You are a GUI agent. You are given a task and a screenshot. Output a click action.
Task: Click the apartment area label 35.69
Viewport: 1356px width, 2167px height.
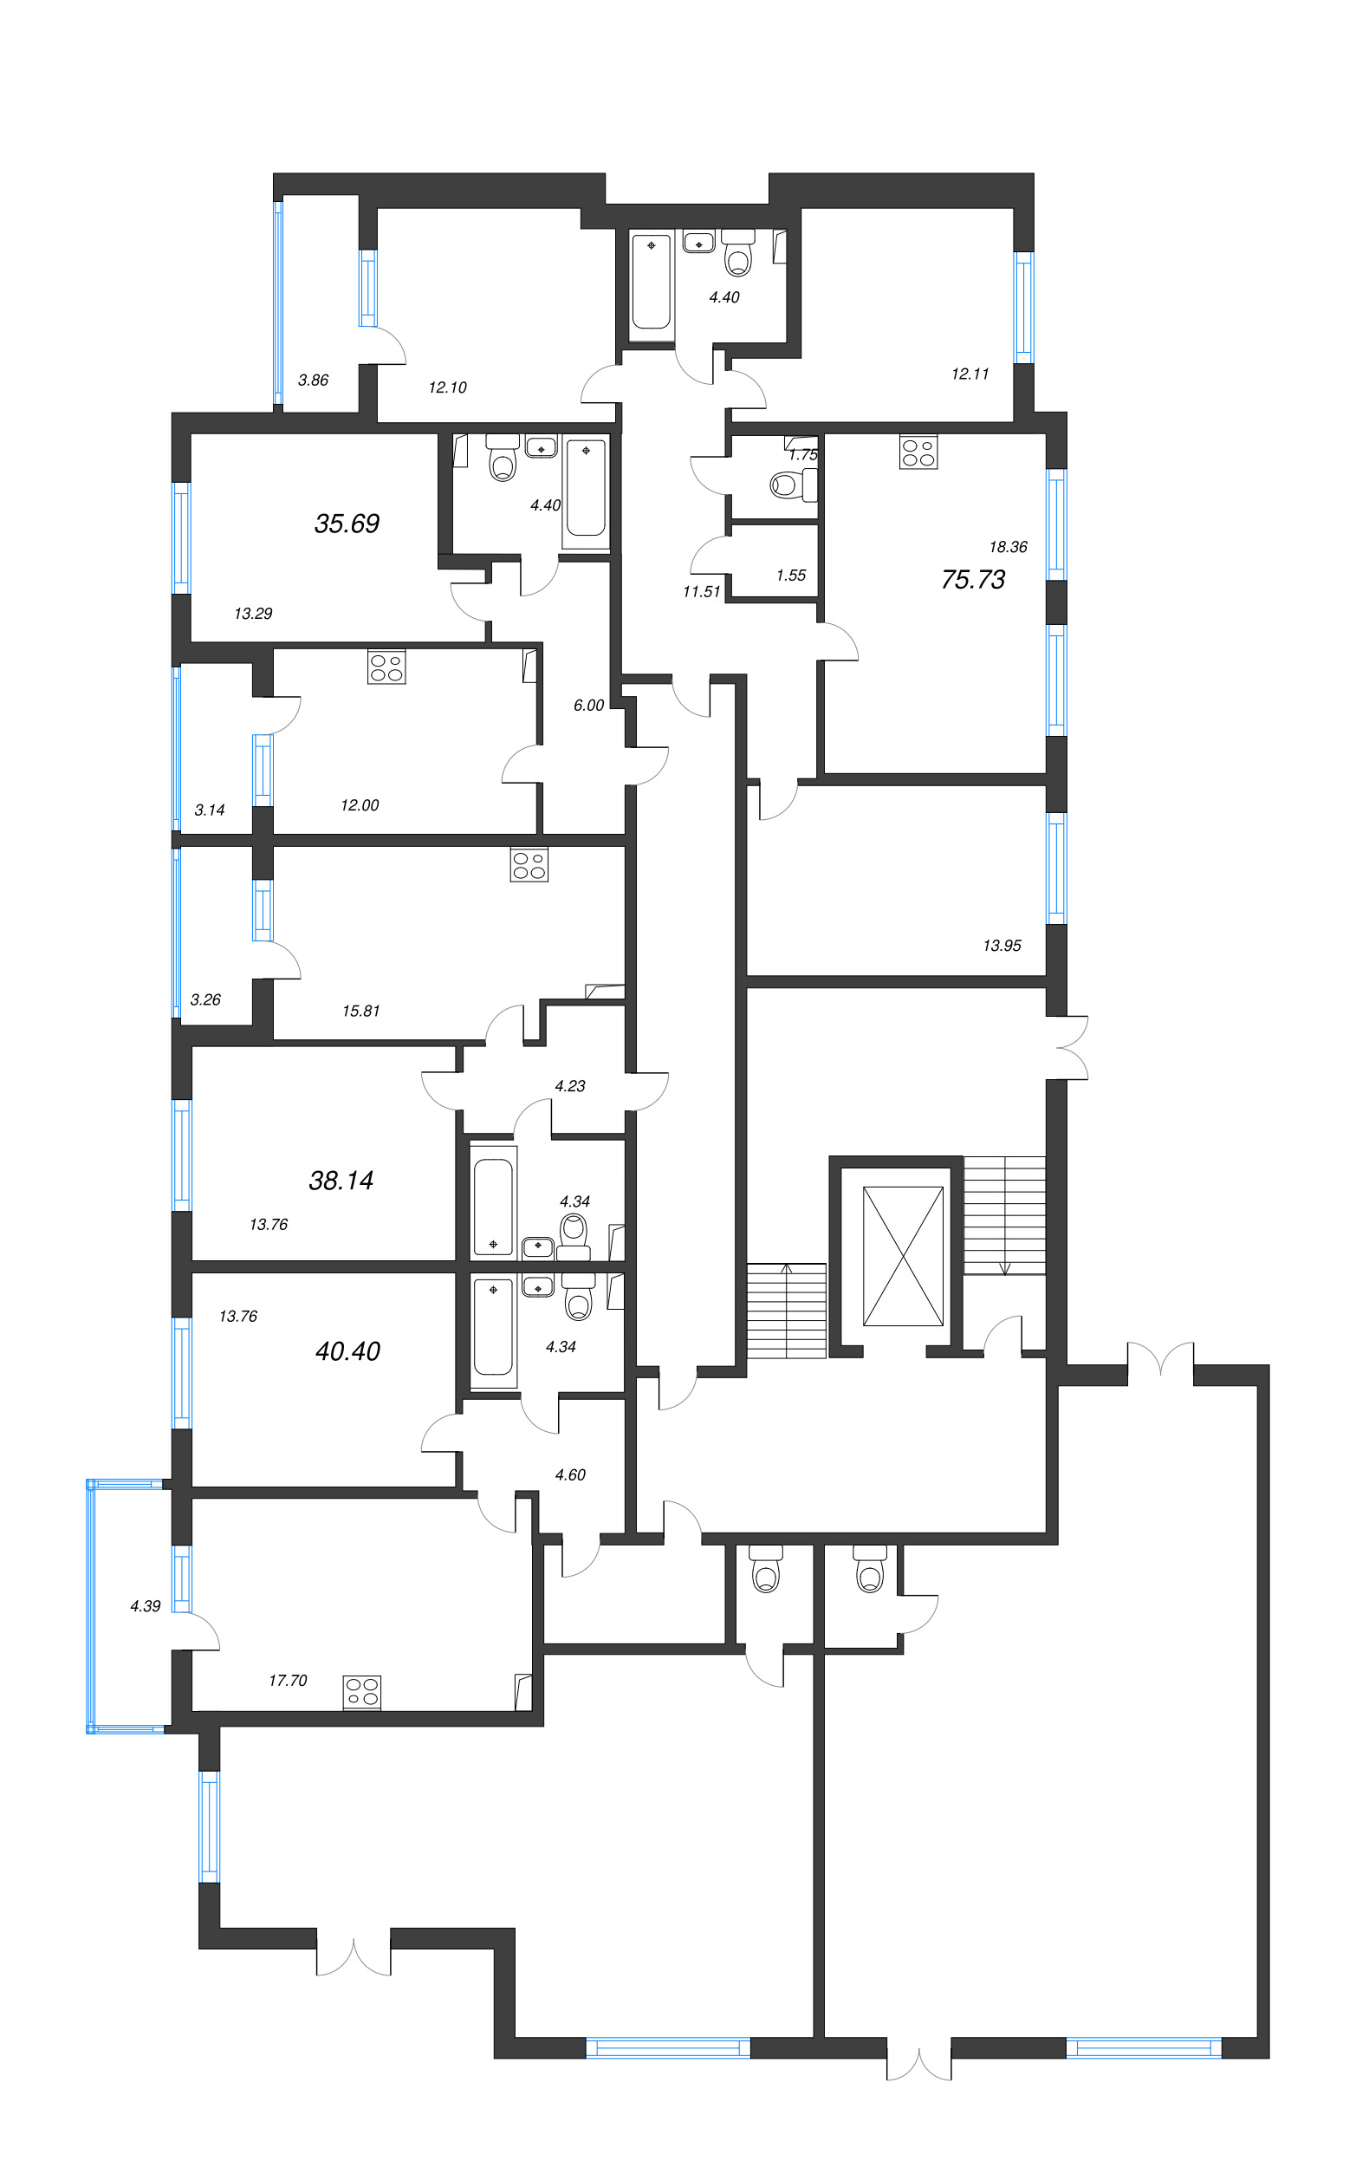(347, 523)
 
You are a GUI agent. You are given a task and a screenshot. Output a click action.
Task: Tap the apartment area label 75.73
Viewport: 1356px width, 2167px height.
(973, 579)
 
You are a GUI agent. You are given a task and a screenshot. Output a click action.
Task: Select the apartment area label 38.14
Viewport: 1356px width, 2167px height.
(341, 1181)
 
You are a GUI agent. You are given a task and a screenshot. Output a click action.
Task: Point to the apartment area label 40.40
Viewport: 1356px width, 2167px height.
(348, 1350)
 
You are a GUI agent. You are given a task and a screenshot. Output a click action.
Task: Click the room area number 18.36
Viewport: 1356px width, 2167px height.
(1008, 546)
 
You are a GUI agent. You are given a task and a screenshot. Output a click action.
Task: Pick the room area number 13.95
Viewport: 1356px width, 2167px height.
(1002, 945)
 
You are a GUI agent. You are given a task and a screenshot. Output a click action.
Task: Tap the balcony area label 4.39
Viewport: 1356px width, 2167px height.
(146, 1605)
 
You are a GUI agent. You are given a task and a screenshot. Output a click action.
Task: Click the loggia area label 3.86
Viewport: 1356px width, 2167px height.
(313, 380)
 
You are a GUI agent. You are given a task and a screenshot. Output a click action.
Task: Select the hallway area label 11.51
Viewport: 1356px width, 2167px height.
(701, 591)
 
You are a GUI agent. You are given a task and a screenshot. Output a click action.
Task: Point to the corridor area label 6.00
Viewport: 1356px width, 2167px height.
(588, 705)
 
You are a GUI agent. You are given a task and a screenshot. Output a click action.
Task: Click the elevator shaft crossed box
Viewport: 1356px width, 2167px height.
(903, 1256)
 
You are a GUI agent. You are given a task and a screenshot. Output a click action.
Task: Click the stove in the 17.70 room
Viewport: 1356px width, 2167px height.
(362, 1692)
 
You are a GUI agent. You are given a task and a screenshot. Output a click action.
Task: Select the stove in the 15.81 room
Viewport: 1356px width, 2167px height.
(529, 865)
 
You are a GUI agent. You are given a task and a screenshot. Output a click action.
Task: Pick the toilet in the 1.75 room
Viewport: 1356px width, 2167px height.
(794, 485)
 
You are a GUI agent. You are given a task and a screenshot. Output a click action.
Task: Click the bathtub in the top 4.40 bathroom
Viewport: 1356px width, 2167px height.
(651, 282)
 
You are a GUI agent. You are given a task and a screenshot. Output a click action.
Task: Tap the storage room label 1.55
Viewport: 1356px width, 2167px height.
(791, 575)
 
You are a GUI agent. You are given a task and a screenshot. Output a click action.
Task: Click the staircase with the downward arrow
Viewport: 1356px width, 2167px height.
(1004, 1214)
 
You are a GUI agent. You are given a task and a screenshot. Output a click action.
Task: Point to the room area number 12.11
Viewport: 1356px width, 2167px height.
(970, 373)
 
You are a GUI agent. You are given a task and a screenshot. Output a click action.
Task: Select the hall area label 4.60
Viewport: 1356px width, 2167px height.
(570, 1474)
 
